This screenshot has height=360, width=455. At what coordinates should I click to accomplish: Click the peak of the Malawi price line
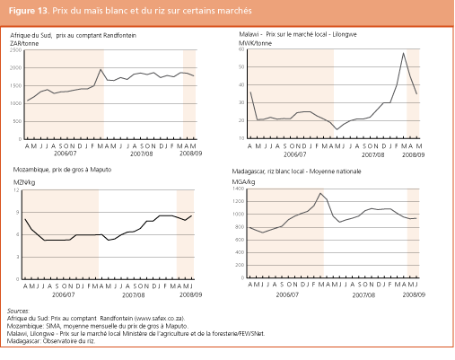point(403,54)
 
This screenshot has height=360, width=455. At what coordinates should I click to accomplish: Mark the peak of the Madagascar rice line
point(319,193)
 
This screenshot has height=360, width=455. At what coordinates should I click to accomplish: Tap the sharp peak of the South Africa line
point(101,70)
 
